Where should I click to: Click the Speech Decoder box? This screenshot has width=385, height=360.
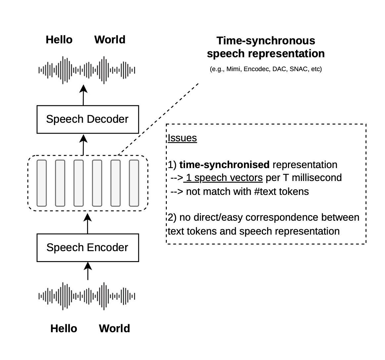click(x=87, y=119)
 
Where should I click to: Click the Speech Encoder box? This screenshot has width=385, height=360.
click(x=87, y=247)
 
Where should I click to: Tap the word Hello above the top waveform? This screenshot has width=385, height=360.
click(x=59, y=40)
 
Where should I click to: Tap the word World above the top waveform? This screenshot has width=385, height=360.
click(x=110, y=40)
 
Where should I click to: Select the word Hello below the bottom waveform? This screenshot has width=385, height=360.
click(x=64, y=329)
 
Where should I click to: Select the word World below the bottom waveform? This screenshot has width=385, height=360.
click(x=114, y=329)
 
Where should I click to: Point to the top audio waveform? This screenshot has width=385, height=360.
click(x=87, y=70)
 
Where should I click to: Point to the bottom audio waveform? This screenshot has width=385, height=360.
click(x=87, y=296)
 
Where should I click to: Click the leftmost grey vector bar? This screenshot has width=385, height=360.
click(x=41, y=183)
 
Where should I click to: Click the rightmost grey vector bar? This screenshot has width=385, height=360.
click(x=134, y=183)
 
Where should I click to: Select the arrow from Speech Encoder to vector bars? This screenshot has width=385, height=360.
click(x=87, y=223)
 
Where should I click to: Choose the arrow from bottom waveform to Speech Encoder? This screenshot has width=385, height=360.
click(x=87, y=271)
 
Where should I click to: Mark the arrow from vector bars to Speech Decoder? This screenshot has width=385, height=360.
click(x=83, y=144)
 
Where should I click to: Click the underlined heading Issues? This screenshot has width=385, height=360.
click(x=182, y=138)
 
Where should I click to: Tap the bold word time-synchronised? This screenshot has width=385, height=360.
click(x=224, y=165)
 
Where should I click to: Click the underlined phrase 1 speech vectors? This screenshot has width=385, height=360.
click(x=224, y=178)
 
